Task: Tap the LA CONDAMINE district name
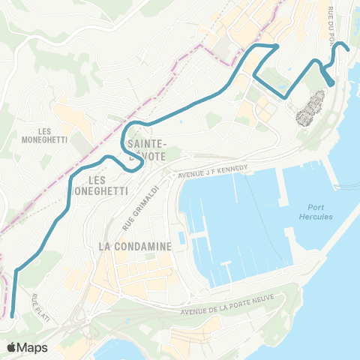[136, 246]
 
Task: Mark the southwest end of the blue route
[13, 316]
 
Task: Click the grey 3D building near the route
[312, 108]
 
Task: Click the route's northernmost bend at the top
[277, 46]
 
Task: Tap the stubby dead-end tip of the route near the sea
[331, 83]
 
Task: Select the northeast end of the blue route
[349, 50]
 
